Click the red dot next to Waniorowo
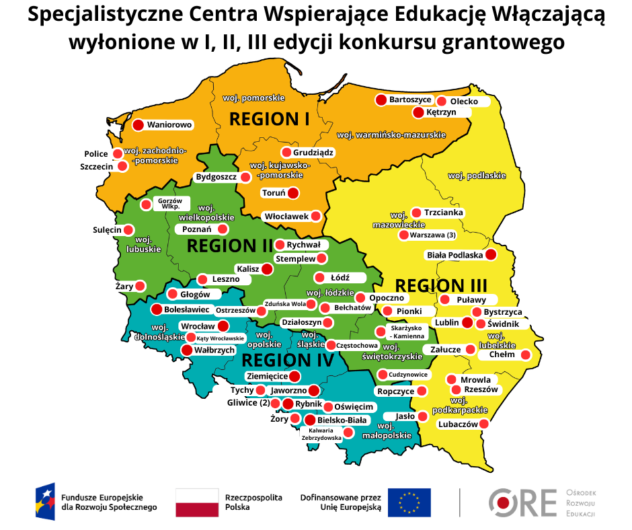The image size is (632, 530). [x=138, y=124]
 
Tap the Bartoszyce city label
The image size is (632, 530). [x=409, y=100]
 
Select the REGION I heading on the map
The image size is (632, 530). [x=269, y=119]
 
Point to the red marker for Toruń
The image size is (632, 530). [x=292, y=193]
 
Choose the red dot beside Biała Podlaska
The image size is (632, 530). [x=491, y=255]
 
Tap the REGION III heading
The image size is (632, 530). [x=440, y=285]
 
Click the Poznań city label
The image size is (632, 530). [x=197, y=229]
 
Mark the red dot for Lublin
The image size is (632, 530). [x=467, y=322]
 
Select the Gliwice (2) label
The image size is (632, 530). [x=248, y=403]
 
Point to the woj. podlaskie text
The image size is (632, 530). [x=476, y=176]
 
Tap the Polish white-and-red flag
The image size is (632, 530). [x=197, y=502]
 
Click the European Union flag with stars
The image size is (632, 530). [x=409, y=502]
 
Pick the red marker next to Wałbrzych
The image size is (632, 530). [x=187, y=350]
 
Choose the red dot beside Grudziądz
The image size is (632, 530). [x=286, y=152]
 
